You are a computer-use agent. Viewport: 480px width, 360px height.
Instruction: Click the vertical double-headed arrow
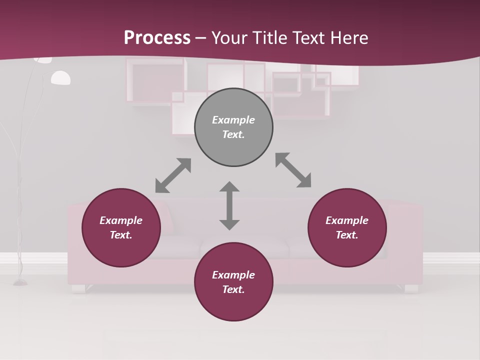(x=229, y=205)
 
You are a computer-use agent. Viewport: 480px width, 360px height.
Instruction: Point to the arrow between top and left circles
(x=173, y=175)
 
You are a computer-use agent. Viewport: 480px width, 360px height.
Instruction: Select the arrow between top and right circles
(x=293, y=170)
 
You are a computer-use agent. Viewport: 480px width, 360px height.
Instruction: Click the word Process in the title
(x=157, y=37)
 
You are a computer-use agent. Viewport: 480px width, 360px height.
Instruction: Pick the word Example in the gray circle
(x=233, y=120)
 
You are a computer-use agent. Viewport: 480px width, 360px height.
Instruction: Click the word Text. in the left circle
(x=121, y=235)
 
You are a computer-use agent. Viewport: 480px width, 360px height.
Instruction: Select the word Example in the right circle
(x=347, y=220)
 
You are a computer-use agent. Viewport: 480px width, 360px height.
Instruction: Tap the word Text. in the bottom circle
(x=233, y=289)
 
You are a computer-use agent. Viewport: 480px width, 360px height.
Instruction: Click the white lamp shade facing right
(x=60, y=77)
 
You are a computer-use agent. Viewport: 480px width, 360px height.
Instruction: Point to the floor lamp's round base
(x=20, y=282)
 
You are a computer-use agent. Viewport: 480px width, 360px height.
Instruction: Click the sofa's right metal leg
(x=411, y=288)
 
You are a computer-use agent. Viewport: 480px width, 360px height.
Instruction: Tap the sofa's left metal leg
(x=78, y=288)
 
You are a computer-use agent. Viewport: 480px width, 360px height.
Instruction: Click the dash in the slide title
(x=201, y=38)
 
